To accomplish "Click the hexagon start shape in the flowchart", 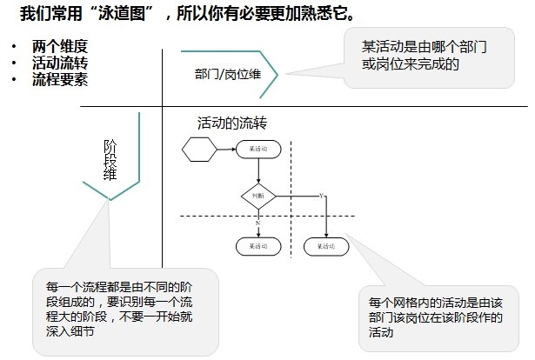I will pos(199,150).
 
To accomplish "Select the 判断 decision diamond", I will pos(258,197).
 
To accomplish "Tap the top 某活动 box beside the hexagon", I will pos(258,150).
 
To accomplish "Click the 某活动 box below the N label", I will pos(258,246).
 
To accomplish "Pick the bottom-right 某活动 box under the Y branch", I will pos(326,246).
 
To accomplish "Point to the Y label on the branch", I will pos(322,195).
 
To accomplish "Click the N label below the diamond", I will pos(257,223).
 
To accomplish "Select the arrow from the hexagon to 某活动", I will pos(226,150).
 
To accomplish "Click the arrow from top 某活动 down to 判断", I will pos(258,171).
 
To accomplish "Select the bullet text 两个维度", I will pos(60,47).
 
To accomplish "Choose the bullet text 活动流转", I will pos(60,63).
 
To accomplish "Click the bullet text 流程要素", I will pos(60,78).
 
